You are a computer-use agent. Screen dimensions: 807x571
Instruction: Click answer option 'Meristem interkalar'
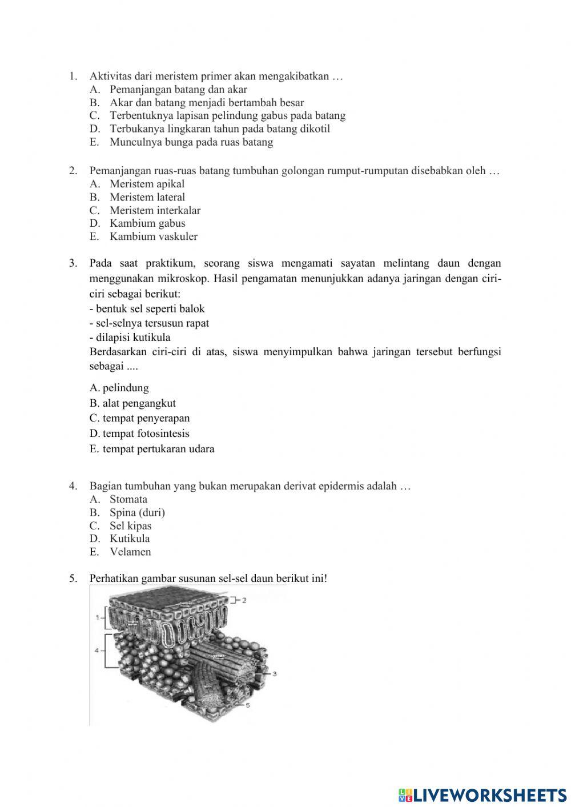click(155, 210)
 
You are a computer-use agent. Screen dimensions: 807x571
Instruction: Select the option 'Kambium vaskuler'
click(153, 236)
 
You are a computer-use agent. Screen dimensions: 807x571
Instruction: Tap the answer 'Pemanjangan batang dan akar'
click(178, 90)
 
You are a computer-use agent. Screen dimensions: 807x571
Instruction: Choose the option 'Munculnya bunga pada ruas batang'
click(191, 142)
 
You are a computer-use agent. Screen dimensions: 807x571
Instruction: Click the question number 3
click(73, 263)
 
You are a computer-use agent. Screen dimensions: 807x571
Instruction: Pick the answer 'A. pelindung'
click(119, 388)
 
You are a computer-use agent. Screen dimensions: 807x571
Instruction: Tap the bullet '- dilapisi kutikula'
click(130, 337)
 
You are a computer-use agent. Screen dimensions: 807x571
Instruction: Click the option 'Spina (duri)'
click(137, 512)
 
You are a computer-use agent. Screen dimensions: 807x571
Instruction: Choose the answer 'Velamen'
click(130, 552)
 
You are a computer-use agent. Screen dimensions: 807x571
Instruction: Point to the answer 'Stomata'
click(128, 499)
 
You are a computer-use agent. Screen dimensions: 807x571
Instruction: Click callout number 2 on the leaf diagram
click(244, 600)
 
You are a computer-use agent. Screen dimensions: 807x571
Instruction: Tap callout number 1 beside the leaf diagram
click(98, 617)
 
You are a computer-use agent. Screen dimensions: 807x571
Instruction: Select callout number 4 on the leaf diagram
click(97, 651)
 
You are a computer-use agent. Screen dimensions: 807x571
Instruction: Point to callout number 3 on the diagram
click(275, 674)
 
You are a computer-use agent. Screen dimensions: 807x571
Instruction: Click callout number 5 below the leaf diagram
click(248, 705)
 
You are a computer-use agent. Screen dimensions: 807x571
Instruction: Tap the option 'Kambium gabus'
click(147, 223)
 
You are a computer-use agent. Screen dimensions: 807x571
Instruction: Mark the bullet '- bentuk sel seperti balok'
click(147, 309)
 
